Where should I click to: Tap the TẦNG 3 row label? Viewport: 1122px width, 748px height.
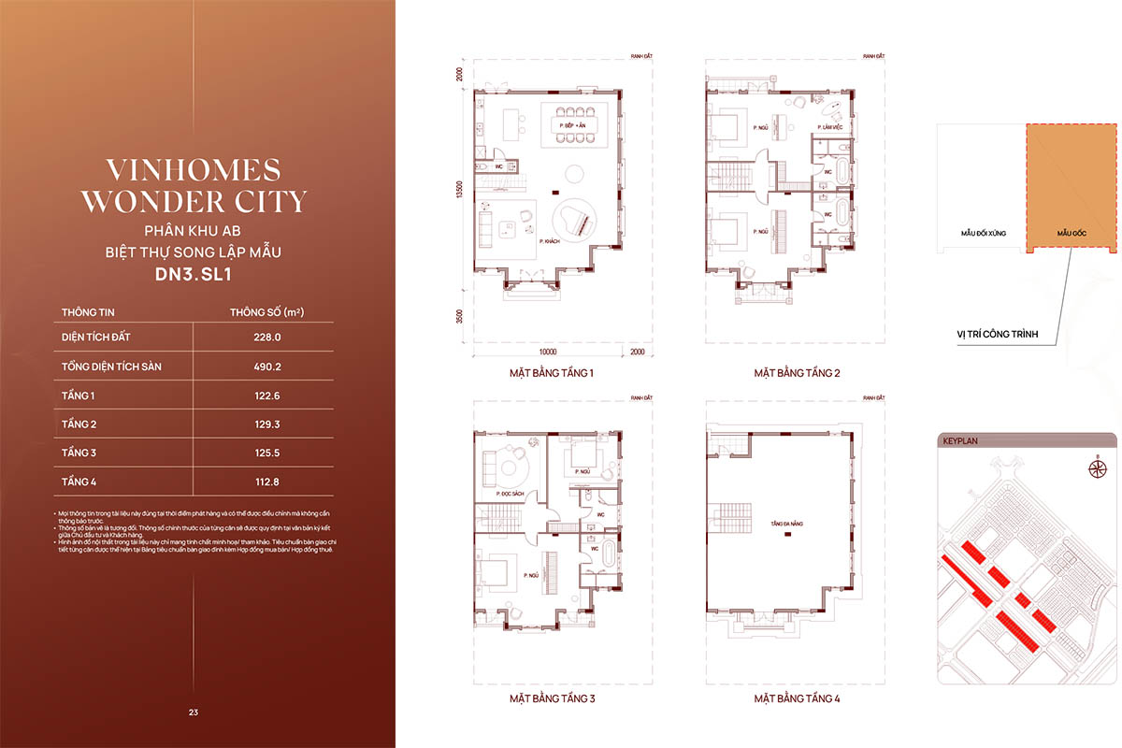[x=79, y=453]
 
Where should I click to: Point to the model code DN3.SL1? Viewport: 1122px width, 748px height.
[x=193, y=276]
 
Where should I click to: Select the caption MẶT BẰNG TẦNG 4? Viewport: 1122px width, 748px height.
[x=798, y=698]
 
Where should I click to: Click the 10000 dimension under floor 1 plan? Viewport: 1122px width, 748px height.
[x=547, y=352]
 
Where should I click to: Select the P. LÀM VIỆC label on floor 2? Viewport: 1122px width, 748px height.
[x=832, y=126]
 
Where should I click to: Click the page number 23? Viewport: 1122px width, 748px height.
[x=193, y=712]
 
